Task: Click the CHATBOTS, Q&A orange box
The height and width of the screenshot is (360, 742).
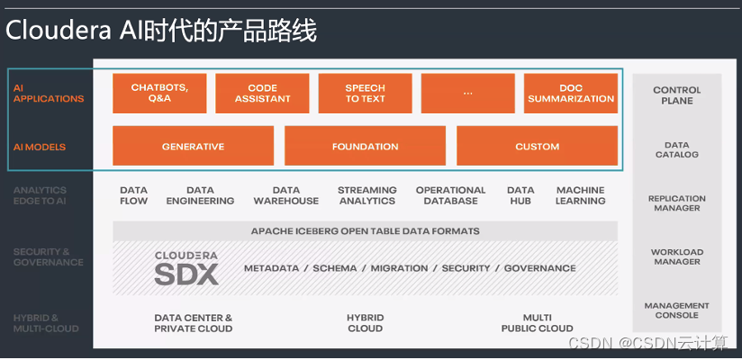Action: tap(159, 93)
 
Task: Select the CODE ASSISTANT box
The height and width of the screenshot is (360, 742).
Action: tap(262, 93)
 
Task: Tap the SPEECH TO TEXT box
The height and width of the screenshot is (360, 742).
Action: tap(365, 93)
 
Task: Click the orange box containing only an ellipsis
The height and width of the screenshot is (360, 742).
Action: tap(467, 93)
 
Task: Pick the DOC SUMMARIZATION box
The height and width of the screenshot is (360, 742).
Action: tap(570, 93)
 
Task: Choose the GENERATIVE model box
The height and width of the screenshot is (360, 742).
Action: tap(193, 146)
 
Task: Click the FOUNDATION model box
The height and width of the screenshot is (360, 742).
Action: tap(365, 146)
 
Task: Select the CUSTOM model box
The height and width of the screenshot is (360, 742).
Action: tap(537, 146)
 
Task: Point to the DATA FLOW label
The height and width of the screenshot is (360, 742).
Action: tap(133, 195)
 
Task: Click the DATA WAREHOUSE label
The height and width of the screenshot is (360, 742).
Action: tap(285, 195)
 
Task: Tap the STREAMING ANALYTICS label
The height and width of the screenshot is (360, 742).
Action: tap(366, 195)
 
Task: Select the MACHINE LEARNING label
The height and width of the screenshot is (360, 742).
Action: tap(580, 195)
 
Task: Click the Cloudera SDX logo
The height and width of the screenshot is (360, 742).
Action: tap(185, 268)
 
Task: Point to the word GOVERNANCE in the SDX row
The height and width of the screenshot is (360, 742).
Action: tap(539, 268)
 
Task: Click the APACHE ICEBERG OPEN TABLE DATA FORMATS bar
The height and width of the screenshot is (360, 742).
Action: tap(365, 231)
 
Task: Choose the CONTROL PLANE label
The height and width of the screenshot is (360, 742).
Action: tap(676, 95)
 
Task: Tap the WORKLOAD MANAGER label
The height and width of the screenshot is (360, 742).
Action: tap(676, 256)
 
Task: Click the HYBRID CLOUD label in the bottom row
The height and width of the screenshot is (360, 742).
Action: tap(365, 323)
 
